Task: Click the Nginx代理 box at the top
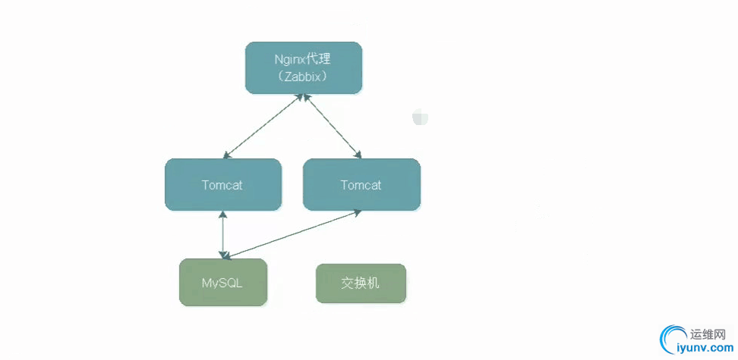(303, 67)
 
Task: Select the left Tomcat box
(223, 184)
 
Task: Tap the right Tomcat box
(361, 184)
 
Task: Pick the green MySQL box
(223, 282)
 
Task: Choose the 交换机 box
(361, 283)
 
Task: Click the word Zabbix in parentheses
(302, 76)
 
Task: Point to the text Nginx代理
(302, 58)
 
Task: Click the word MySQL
(223, 283)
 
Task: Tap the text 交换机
(361, 283)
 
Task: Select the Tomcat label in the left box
(222, 185)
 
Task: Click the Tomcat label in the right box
(361, 185)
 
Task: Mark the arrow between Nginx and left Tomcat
(263, 127)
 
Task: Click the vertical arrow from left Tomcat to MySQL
(223, 234)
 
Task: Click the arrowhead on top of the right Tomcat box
(358, 155)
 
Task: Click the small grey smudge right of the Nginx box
(420, 117)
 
